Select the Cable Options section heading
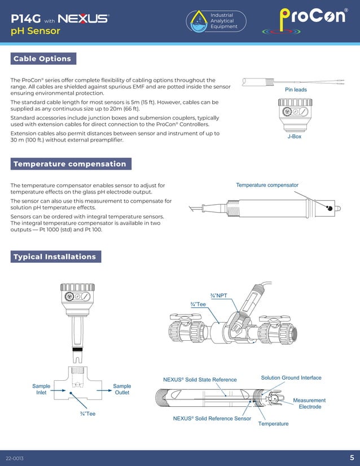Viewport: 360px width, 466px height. pos(43,59)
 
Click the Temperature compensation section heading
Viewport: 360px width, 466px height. pos(71,164)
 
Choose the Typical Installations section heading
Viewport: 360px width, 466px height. pos(55,257)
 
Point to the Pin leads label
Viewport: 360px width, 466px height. pos(296,90)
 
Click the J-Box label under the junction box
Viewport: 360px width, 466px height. pos(294,137)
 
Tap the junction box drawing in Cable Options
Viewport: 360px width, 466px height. pos(295,115)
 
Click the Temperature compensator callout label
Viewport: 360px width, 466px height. pos(267,185)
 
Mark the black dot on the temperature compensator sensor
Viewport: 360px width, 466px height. pos(329,208)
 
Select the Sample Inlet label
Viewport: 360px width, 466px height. pos(41,389)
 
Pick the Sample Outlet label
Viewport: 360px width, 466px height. pos(122,389)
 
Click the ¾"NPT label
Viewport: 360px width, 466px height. pos(218,296)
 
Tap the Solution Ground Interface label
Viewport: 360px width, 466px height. pos(291,377)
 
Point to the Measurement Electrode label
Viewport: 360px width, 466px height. pos(309,403)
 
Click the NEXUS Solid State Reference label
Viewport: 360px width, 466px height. pos(200,380)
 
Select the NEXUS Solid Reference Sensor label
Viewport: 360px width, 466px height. pos(212,419)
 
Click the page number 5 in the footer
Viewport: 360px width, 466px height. pos(352,458)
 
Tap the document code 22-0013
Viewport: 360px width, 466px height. pos(15,458)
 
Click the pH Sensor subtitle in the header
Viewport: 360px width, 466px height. pos(36,31)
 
